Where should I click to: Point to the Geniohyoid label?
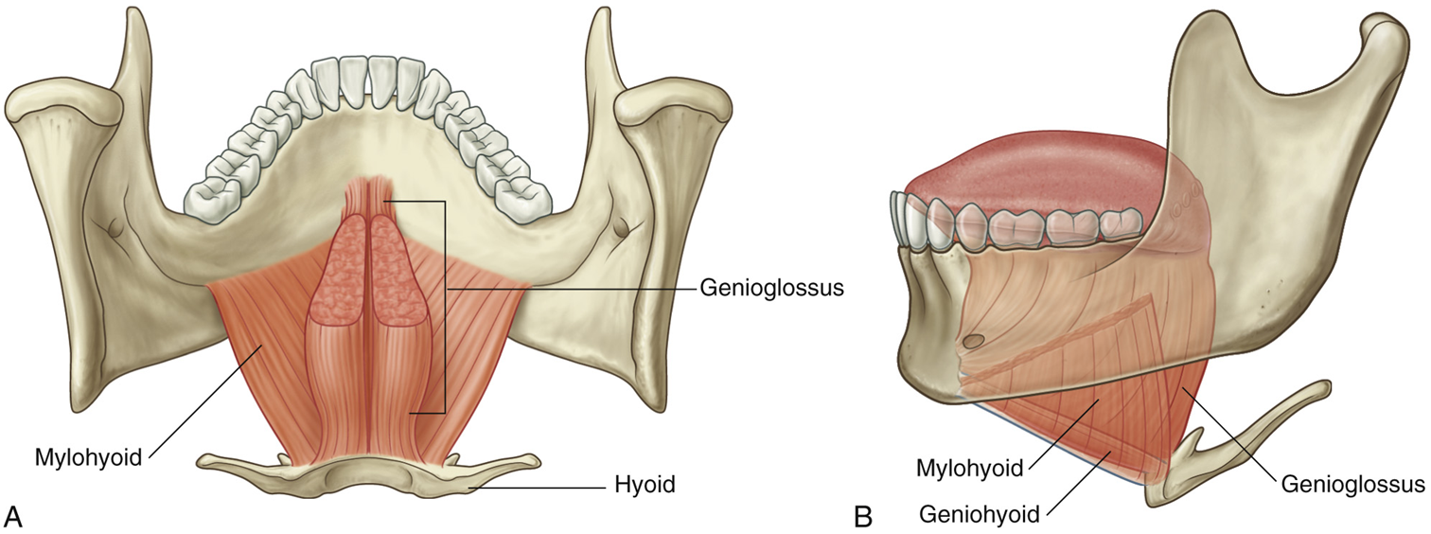coord(979,514)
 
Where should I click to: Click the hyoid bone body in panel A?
coord(369,471)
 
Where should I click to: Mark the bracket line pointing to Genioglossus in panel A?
coord(444,303)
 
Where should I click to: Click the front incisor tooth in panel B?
coord(897,221)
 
